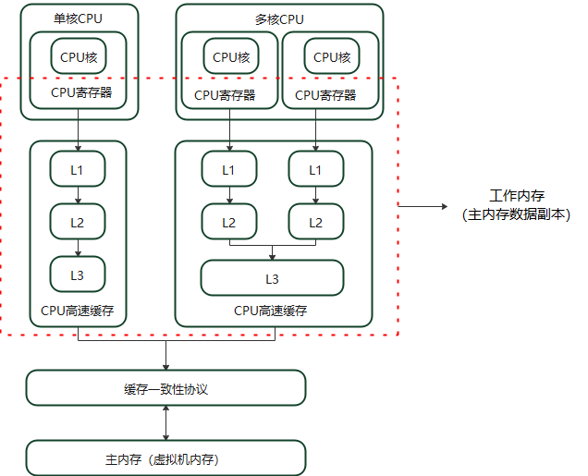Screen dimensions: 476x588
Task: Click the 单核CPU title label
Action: tap(79, 18)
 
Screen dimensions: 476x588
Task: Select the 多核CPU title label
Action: tap(278, 18)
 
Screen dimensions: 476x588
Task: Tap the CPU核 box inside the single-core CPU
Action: tap(79, 57)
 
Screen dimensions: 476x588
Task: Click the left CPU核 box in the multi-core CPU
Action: tap(231, 57)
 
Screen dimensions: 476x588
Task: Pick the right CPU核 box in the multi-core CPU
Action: tap(332, 57)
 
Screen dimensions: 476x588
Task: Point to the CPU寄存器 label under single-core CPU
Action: tap(79, 93)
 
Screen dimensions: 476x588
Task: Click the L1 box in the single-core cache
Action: tap(78, 170)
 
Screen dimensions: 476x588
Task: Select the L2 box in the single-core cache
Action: tap(78, 222)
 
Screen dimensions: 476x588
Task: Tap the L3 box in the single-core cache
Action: tap(78, 275)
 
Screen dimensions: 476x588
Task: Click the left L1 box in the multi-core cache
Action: tap(228, 170)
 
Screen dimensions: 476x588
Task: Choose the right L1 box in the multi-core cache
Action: tap(315, 170)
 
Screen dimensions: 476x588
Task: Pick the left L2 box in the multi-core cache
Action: tap(228, 222)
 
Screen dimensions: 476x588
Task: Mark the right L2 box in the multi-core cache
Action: tap(315, 222)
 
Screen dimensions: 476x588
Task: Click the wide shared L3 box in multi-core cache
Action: tap(272, 277)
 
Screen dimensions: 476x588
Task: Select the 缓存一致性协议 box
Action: tap(165, 388)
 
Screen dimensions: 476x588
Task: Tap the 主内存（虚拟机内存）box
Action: tap(165, 458)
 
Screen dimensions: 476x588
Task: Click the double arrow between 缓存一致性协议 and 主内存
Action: tap(165, 423)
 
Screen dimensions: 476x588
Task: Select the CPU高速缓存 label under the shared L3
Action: tap(271, 311)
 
